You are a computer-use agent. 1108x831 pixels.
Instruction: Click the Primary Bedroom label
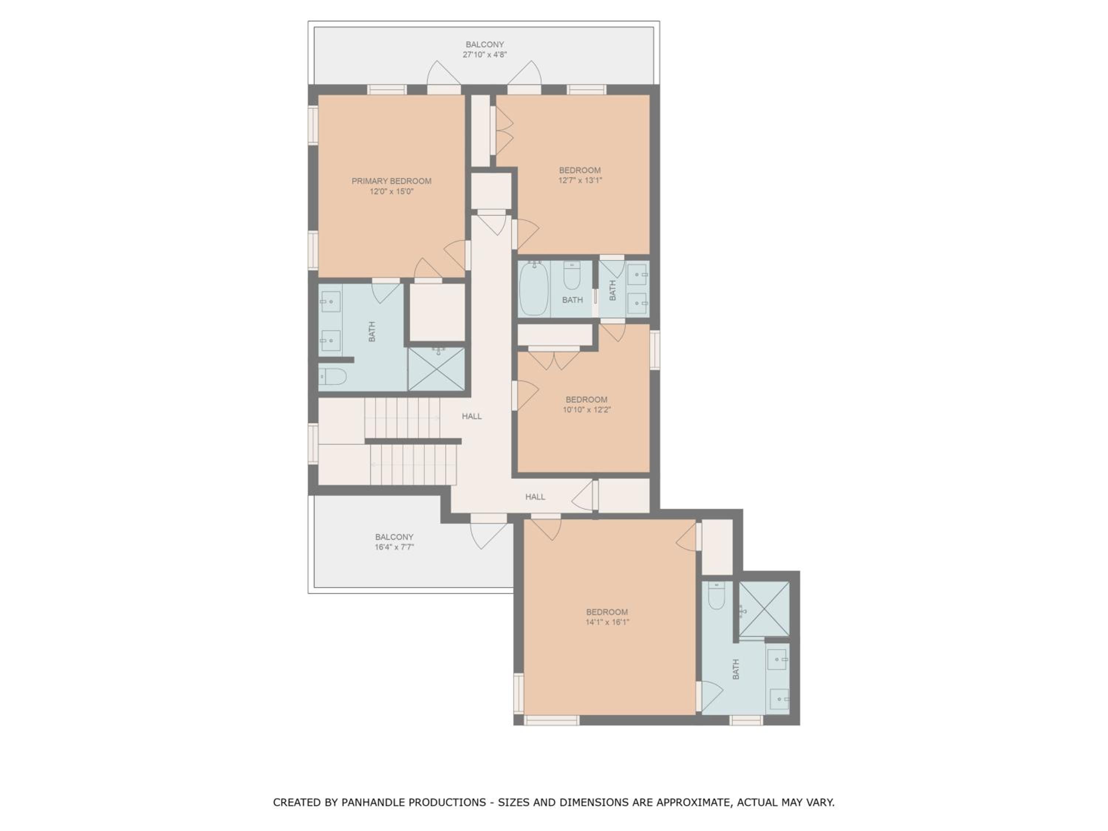(391, 181)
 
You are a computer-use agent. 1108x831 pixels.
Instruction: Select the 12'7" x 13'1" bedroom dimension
(580, 180)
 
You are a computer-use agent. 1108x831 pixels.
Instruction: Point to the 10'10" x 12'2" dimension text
(587, 410)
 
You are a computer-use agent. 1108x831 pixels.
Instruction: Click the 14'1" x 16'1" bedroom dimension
(607, 622)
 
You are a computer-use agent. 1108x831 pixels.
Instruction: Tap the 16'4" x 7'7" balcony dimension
(394, 547)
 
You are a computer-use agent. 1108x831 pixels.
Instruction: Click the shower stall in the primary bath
(436, 369)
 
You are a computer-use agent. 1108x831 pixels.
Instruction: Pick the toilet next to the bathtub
(572, 276)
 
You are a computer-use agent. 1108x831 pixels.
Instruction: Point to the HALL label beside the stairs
(472, 416)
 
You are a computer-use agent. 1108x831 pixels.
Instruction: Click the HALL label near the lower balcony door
(535, 497)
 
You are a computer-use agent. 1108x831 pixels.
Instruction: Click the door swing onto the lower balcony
(488, 535)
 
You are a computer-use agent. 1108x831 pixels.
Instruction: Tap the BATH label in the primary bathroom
(372, 332)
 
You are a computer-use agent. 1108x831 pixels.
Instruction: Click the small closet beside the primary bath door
(437, 312)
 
